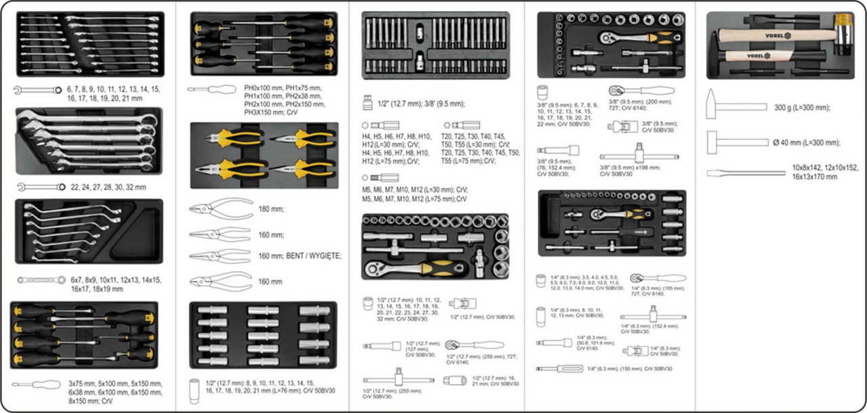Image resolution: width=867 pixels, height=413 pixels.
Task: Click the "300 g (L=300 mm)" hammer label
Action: tap(802, 108)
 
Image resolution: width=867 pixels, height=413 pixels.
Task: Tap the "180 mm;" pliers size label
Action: tap(271, 210)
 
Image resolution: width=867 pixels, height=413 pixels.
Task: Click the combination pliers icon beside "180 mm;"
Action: tap(220, 209)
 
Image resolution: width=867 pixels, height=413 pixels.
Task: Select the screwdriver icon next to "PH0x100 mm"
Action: tap(211, 89)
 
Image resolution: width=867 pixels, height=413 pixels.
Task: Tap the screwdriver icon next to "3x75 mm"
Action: tap(37, 385)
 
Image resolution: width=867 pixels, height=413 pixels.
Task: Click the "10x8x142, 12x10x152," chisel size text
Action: tap(825, 168)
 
